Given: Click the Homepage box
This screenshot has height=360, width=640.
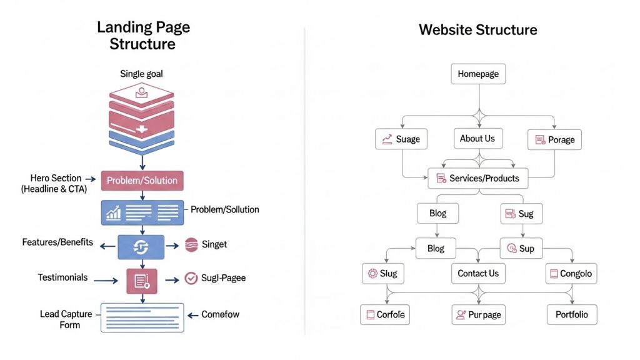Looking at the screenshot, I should point(478,74).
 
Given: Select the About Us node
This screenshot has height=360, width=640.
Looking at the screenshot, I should point(477,139).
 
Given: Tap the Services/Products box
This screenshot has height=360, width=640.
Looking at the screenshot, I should point(477,178).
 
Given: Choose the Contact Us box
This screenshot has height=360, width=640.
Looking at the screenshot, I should point(477,273).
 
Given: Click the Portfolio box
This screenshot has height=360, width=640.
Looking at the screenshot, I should point(571,314).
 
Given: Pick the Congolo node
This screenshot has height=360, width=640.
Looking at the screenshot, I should point(569,273).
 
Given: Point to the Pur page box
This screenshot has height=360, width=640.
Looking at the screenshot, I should point(477,315).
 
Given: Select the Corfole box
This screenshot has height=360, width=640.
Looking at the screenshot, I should point(383,314).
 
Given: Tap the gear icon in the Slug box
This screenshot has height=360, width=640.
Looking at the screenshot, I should point(373,274).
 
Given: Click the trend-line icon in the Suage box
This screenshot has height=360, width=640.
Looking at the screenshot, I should point(387,139).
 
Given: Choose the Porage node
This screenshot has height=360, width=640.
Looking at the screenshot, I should point(554,139).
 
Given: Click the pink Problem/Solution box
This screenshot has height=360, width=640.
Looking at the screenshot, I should point(142,181).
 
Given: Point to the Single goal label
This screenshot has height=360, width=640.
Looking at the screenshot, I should point(142,74).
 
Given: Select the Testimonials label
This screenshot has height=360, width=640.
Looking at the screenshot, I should point(62,277).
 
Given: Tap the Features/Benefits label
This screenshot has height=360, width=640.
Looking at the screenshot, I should point(57,242).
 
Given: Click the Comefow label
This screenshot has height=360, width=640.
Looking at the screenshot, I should point(220,314).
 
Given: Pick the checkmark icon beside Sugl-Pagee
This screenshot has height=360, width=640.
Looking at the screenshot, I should point(191,278).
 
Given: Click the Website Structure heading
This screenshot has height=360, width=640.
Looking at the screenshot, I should point(477,29).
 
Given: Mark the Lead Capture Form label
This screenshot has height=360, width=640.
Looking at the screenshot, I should point(66,319).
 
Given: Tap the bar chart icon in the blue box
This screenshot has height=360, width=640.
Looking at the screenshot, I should point(114,213).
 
